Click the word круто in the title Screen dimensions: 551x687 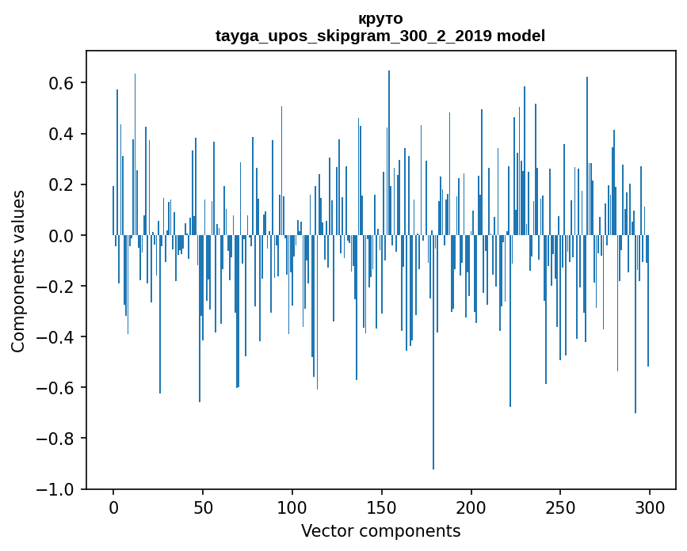(x=380, y=18)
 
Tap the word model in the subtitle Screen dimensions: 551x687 (x=521, y=36)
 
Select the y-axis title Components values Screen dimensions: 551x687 (x=18, y=271)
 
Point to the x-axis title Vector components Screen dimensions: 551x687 (x=380, y=530)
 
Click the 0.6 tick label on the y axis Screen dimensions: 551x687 (x=62, y=83)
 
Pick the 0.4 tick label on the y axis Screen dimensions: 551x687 (x=62, y=134)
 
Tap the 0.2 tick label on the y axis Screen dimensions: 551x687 (x=62, y=184)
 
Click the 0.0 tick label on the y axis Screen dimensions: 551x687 (x=62, y=235)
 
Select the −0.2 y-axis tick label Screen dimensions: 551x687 (x=57, y=286)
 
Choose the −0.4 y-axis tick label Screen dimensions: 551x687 (x=57, y=337)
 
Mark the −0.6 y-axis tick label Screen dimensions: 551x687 (x=57, y=388)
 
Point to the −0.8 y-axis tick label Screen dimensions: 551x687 (x=57, y=439)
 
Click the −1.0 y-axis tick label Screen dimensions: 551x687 (x=57, y=489)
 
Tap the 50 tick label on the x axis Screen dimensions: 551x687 (x=203, y=507)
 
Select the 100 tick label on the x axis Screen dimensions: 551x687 (x=292, y=507)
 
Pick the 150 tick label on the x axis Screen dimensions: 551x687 (x=382, y=507)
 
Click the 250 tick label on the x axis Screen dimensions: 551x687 (x=560, y=507)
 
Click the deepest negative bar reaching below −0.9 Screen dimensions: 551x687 (x=433, y=396)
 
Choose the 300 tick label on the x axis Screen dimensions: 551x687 (x=650, y=507)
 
